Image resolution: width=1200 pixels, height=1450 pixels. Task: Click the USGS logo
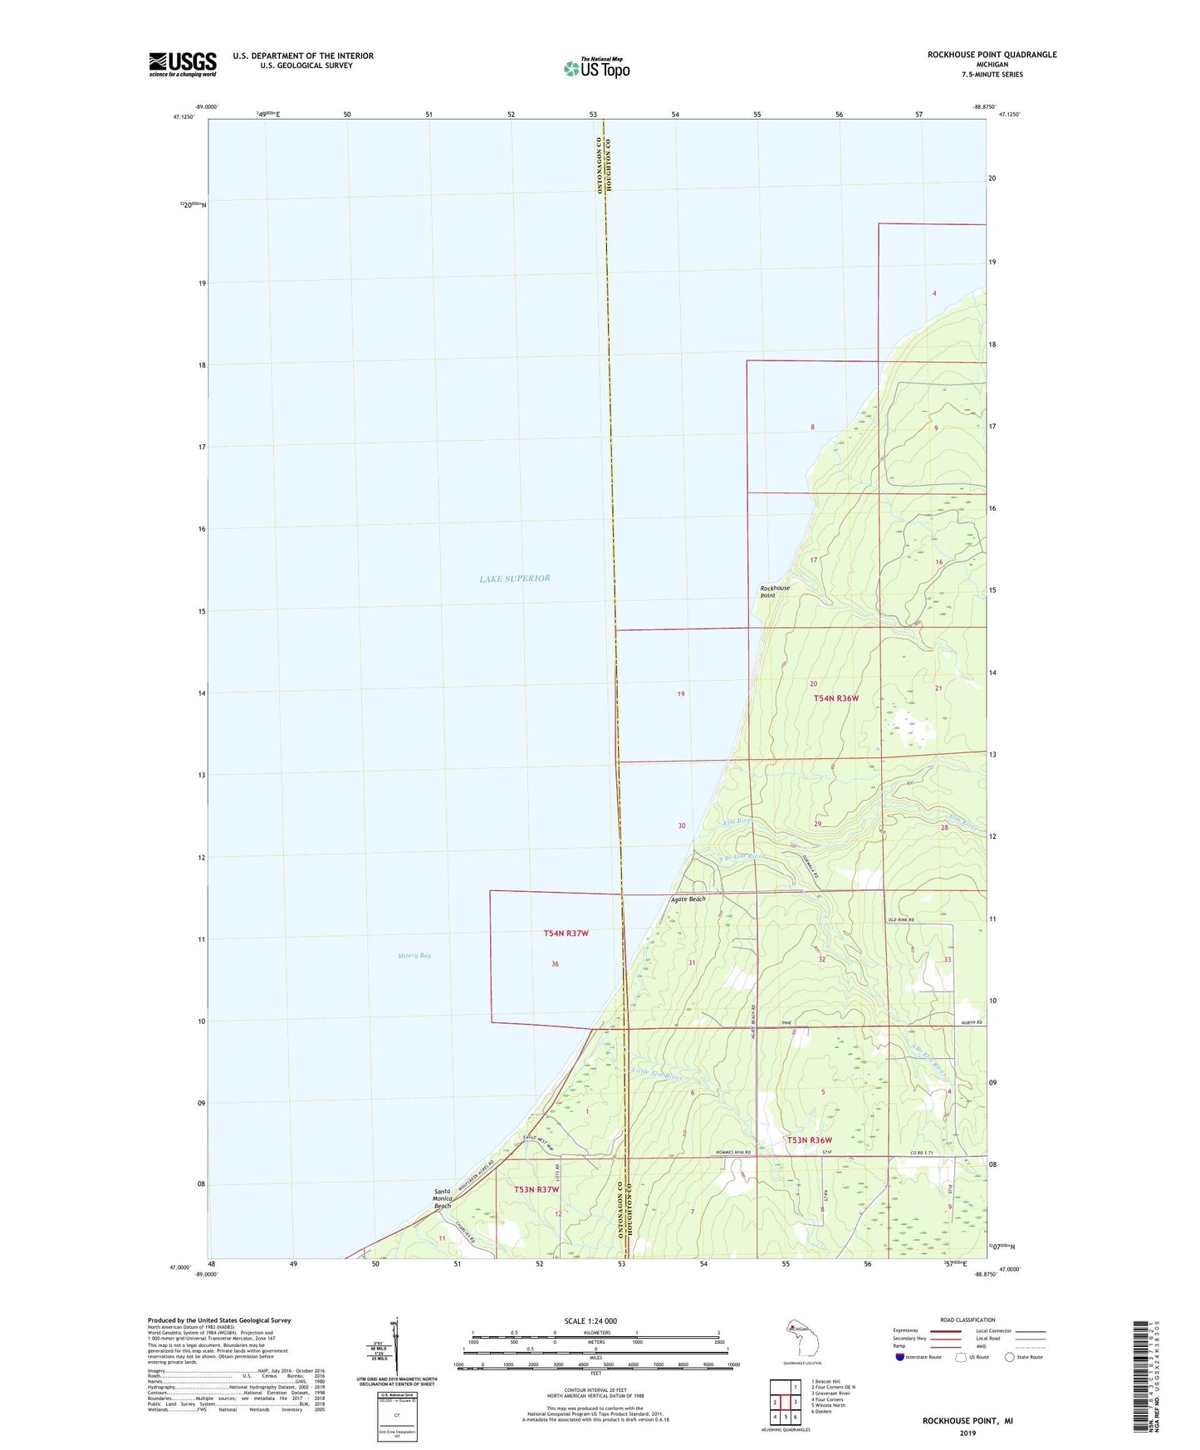[x=183, y=64]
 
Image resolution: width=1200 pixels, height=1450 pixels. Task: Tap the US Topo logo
[x=596, y=67]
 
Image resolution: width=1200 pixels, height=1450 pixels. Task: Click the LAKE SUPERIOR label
[x=515, y=578]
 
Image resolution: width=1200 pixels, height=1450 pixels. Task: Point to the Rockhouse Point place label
[x=775, y=591]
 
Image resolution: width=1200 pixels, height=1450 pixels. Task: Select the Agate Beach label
[x=688, y=899]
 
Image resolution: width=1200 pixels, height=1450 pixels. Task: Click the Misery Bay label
[x=414, y=956]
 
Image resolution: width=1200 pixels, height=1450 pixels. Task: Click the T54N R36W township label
[x=835, y=698]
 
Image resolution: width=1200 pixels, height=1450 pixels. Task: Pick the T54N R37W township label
[x=566, y=933]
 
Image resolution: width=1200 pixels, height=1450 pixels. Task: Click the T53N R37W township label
[x=536, y=1189]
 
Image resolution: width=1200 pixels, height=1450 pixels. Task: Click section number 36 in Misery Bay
[x=555, y=964]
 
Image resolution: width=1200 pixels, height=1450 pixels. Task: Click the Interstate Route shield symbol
[x=901, y=1357]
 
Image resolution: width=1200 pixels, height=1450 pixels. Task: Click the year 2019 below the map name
[x=967, y=1433]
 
